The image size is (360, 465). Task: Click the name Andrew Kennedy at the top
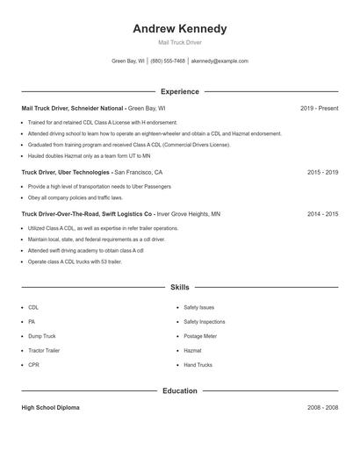[x=179, y=28]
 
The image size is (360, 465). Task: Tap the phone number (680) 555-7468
[x=168, y=61]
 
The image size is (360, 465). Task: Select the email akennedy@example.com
[x=220, y=61]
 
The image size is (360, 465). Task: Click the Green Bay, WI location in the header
[x=128, y=61]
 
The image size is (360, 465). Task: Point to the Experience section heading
[x=179, y=91]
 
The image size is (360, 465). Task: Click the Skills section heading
[x=179, y=287]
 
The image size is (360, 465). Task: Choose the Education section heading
[x=179, y=390]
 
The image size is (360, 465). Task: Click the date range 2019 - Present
[x=319, y=108]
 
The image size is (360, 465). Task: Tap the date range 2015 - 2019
[x=322, y=173]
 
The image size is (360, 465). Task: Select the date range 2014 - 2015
[x=322, y=213]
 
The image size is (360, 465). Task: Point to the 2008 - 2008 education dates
[x=322, y=408]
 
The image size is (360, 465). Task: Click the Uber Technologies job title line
[x=92, y=173]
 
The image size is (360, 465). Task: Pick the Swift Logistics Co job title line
[x=120, y=213]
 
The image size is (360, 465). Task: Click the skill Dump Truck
[x=41, y=336]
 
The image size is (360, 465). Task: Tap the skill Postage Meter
[x=200, y=336]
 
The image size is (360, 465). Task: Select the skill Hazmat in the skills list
[x=192, y=350]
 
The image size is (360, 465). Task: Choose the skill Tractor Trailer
[x=45, y=350]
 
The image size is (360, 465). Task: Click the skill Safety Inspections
[x=205, y=322]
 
